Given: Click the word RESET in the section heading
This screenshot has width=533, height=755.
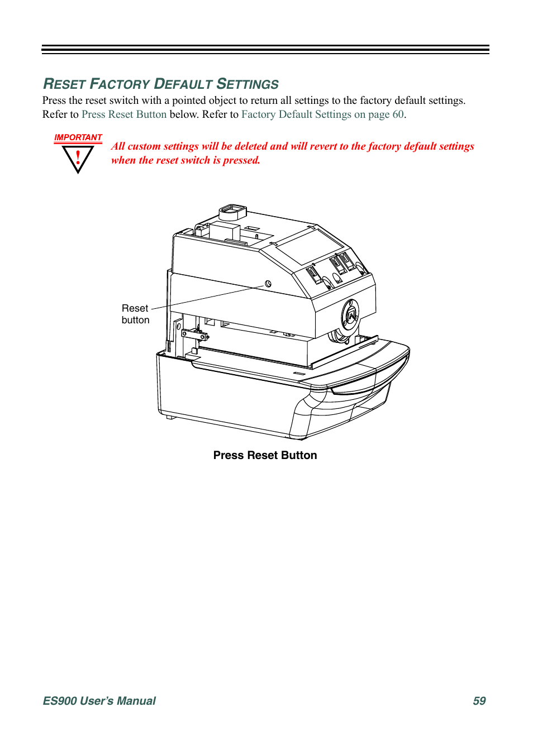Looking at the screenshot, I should tap(64, 84).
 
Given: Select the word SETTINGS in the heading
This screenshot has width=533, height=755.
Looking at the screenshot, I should tap(248, 84).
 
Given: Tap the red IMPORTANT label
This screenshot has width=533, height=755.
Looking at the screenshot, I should tap(78, 137).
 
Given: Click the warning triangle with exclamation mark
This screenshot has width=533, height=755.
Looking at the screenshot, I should tap(78, 159).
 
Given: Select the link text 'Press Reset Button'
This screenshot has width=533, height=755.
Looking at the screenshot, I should tap(124, 114).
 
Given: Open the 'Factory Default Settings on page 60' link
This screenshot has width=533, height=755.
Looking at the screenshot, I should tap(322, 114).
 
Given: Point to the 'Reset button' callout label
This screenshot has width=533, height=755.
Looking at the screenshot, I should tap(135, 314).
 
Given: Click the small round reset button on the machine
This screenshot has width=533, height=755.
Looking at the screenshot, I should tap(268, 284).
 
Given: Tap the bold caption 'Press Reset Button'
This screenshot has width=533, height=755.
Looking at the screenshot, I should tap(265, 455).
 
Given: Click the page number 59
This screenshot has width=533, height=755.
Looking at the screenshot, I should tap(479, 701).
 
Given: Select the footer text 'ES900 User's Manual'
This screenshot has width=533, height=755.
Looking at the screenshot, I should tap(99, 701).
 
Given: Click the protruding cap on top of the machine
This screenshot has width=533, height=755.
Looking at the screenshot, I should tap(232, 212).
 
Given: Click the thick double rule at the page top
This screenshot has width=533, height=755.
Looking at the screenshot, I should tap(265, 50).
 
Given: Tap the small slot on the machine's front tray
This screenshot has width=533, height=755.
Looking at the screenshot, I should tap(300, 373).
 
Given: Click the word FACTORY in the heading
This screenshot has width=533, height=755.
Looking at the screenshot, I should tap(120, 84).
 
